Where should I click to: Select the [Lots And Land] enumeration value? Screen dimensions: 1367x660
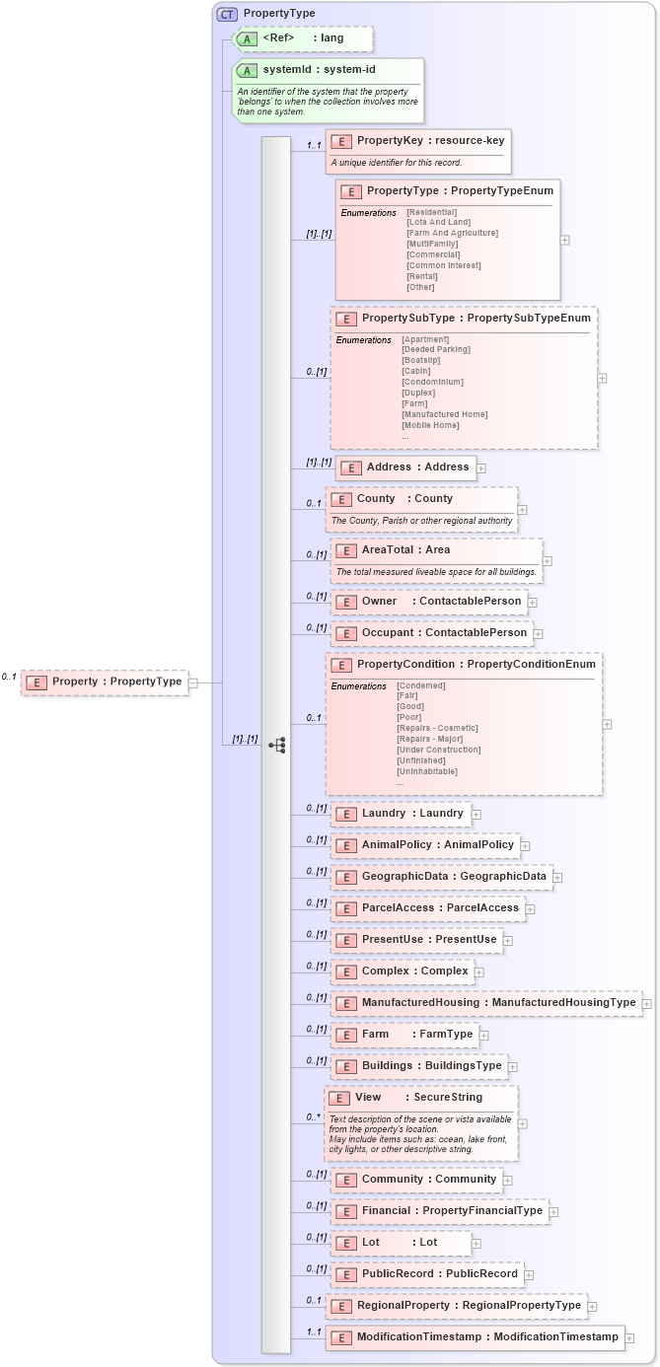(x=438, y=222)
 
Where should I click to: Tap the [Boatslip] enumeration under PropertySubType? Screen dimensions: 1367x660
(x=421, y=360)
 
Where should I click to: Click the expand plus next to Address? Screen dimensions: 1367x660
(x=481, y=468)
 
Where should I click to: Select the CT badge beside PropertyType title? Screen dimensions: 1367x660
(x=227, y=14)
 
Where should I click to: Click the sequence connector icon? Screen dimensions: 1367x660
(x=277, y=746)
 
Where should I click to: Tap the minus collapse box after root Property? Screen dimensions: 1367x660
(x=193, y=682)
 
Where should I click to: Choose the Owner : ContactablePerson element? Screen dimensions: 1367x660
(x=428, y=601)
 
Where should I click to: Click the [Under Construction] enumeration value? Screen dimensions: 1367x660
(x=438, y=750)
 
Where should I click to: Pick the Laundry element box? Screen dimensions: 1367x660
(x=401, y=814)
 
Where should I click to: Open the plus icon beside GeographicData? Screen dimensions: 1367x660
(x=557, y=877)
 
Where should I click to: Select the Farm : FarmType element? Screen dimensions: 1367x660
(x=404, y=1035)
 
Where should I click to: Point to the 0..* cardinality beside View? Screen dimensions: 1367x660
(x=313, y=1116)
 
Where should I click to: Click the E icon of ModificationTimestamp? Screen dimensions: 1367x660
(x=340, y=1337)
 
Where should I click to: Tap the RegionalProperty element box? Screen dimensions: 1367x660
(x=458, y=1306)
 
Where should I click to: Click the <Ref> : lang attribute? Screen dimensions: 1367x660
(x=303, y=38)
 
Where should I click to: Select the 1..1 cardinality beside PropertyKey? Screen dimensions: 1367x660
(x=314, y=146)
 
